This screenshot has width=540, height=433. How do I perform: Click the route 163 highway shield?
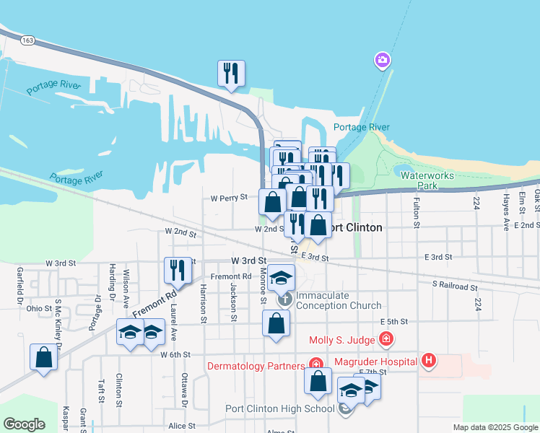coord(27,40)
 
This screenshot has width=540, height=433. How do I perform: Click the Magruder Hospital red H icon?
coord(429,359)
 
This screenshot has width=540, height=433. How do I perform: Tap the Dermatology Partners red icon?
coord(315,364)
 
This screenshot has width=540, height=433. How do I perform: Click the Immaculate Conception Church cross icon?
coord(285,298)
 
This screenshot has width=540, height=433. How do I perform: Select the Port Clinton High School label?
coord(280,408)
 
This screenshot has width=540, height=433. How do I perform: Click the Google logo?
coord(24,424)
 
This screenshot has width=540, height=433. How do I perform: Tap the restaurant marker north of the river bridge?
coord(231,74)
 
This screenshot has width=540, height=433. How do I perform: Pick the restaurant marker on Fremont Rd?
coord(176,271)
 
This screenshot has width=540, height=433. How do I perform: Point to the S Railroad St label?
coord(456,287)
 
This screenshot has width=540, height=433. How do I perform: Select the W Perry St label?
coord(229,196)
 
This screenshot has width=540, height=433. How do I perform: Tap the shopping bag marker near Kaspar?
coord(43,357)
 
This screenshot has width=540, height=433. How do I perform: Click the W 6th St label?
coord(175,354)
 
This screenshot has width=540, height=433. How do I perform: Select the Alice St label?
coord(181,426)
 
